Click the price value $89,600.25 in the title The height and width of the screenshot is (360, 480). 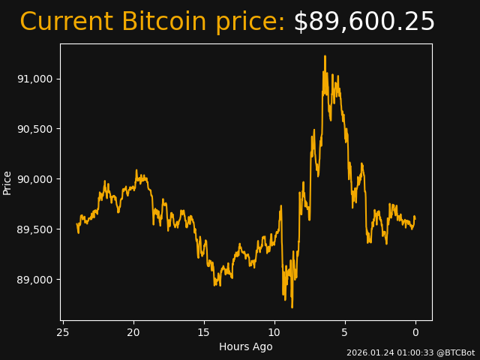pyautogui.click(x=364, y=22)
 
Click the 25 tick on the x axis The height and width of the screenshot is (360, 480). pyautogui.click(x=63, y=332)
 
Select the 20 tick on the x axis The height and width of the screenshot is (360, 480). pyautogui.click(x=133, y=332)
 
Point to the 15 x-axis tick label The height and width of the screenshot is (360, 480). pyautogui.click(x=204, y=332)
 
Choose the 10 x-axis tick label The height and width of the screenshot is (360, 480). pyautogui.click(x=274, y=332)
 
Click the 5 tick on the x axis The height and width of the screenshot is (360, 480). pyautogui.click(x=345, y=332)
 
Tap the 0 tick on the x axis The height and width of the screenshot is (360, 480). pyautogui.click(x=415, y=332)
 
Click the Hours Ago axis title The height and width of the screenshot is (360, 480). pyautogui.click(x=245, y=346)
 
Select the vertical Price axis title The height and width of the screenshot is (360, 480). pyautogui.click(x=7, y=182)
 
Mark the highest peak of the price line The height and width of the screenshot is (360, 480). pyautogui.click(x=325, y=55)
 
